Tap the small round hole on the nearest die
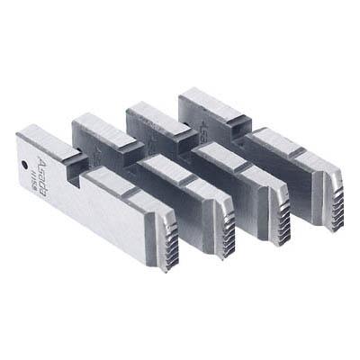21,164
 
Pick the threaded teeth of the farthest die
330,190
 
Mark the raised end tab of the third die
148,112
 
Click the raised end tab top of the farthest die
202,97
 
